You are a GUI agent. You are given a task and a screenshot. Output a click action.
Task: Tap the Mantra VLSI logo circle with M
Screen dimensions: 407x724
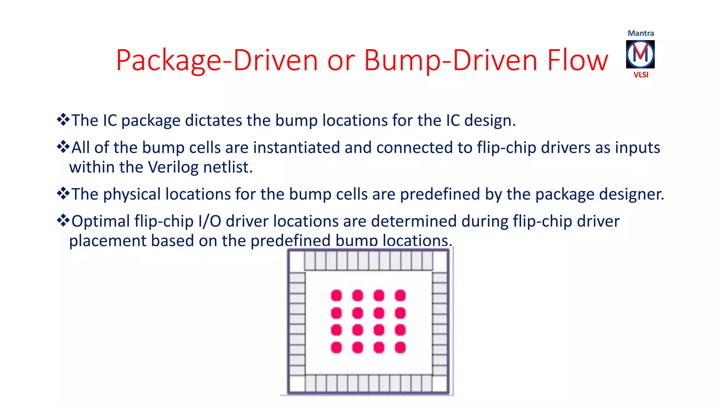(640, 54)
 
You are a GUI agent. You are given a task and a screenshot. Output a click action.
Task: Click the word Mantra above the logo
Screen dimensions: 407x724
(641, 33)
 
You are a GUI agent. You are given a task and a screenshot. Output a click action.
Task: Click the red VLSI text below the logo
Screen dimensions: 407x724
(641, 75)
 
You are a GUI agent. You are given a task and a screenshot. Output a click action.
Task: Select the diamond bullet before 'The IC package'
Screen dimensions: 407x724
(63, 120)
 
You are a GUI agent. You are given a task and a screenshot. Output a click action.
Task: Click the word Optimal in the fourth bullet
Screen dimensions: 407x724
(101, 222)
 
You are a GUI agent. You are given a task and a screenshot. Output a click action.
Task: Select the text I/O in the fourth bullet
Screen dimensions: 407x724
(210, 222)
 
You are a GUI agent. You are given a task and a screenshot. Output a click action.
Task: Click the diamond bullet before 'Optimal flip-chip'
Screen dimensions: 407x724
(63, 221)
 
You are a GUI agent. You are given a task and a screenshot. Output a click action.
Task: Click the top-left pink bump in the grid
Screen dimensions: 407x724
(336, 295)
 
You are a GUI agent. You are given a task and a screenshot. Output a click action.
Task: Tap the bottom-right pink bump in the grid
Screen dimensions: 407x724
(400, 347)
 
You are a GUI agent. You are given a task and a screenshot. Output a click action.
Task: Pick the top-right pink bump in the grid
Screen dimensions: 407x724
(400, 295)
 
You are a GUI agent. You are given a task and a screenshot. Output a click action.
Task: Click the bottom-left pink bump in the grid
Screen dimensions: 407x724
(336, 347)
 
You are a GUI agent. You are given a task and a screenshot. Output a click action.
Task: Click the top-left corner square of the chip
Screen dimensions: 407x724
(297, 261)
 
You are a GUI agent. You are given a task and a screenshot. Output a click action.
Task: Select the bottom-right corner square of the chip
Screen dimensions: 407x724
(440, 384)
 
